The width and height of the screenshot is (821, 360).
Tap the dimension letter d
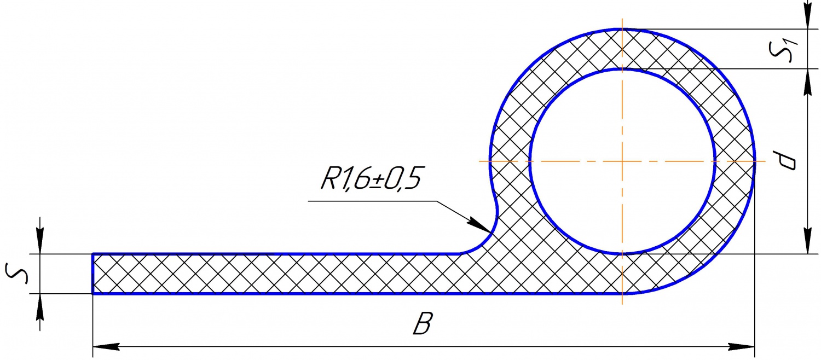787,161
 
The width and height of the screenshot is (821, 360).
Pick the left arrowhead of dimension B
104,347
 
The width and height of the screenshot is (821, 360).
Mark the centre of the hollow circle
622,161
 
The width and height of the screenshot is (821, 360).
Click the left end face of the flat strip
92,274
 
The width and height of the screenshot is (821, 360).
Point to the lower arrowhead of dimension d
808,243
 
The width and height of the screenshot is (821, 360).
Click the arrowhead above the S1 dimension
808,20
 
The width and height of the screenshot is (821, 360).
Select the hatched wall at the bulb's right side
735,161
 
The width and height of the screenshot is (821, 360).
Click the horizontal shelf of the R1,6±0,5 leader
372,201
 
